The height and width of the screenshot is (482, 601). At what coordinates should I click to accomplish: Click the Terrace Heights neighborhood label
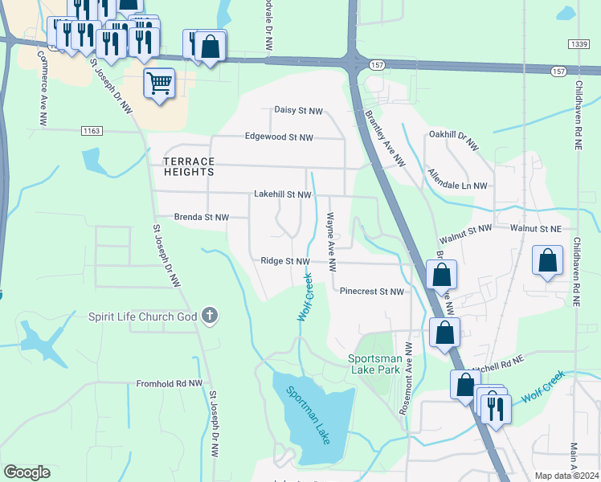[182, 166]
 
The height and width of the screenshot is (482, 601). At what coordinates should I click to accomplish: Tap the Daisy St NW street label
[298, 110]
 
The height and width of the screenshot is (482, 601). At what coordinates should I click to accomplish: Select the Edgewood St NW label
[284, 137]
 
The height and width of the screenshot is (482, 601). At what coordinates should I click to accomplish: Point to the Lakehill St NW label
[282, 194]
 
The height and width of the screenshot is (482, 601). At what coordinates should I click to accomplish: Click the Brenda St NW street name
[202, 217]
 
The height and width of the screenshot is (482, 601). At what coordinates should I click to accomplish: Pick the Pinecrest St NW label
[371, 292]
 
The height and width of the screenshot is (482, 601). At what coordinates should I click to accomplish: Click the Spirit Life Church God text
[142, 316]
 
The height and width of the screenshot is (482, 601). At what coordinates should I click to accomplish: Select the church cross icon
[210, 315]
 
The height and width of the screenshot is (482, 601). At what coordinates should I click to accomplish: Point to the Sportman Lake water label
[308, 415]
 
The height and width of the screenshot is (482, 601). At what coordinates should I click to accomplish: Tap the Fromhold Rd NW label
[169, 384]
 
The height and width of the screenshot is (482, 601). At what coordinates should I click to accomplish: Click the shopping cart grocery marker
[160, 82]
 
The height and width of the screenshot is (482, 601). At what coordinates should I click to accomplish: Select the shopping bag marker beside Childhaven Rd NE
[547, 261]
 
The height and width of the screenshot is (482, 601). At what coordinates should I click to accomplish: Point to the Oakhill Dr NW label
[453, 135]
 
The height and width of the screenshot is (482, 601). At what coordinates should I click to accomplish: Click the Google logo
[27, 472]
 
